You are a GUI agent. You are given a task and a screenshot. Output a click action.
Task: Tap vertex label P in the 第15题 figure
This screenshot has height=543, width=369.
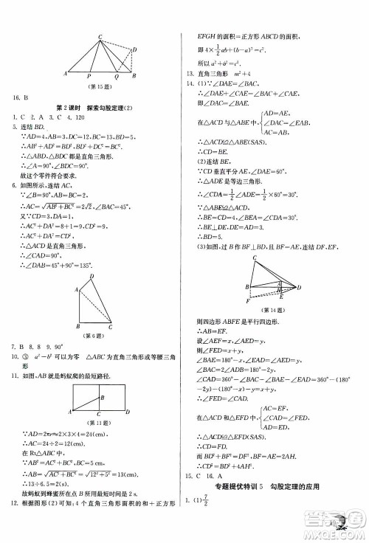tap(89, 77)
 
